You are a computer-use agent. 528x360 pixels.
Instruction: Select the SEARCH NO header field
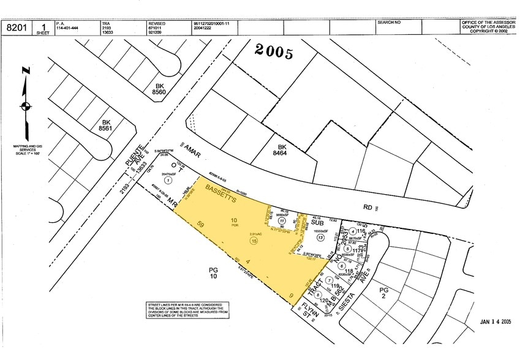[389, 23]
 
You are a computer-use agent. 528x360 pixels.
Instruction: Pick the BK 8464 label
[282, 151]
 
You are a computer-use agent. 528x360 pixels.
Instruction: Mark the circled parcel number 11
[282, 221]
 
